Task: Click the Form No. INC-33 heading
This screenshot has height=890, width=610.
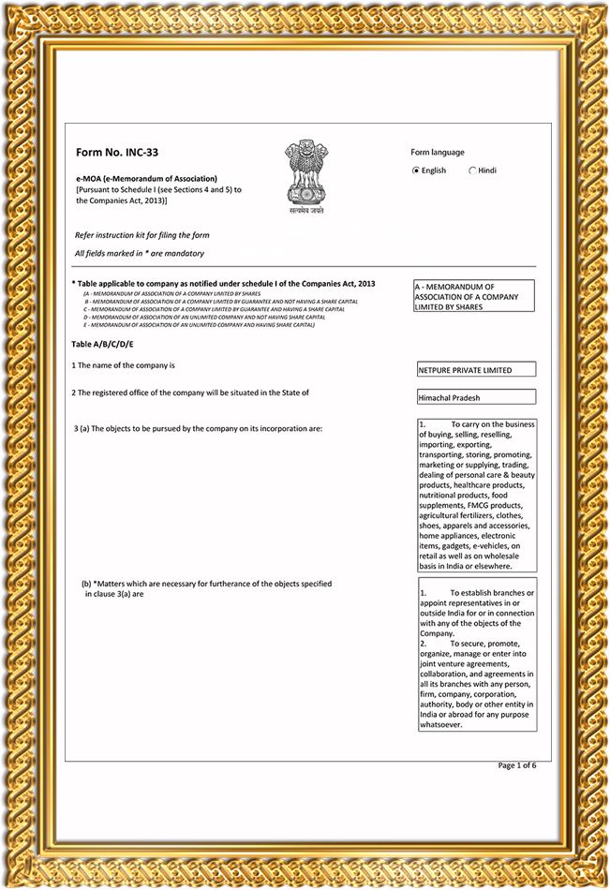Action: (x=110, y=152)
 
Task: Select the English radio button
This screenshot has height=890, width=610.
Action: (x=416, y=171)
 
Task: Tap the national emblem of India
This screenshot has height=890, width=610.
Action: (x=305, y=174)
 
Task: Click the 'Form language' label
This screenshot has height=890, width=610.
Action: (x=437, y=153)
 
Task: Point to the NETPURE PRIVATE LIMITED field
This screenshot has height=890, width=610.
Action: (x=477, y=370)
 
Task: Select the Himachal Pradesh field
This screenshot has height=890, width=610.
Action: (x=477, y=398)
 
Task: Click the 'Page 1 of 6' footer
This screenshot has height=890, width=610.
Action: (x=517, y=765)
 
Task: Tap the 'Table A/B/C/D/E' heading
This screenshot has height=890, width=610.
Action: (x=103, y=345)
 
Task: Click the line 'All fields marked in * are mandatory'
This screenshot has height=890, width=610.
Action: (x=139, y=254)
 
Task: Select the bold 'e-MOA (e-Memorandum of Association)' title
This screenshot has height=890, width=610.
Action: (x=146, y=178)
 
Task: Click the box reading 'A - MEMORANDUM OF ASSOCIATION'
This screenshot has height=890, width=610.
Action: (x=474, y=296)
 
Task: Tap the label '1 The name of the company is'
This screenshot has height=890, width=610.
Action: (x=124, y=364)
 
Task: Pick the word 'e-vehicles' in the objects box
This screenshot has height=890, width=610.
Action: (x=503, y=546)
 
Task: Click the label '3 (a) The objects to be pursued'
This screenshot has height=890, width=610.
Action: (x=198, y=428)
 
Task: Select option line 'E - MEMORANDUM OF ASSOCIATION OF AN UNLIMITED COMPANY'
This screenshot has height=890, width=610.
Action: (x=199, y=325)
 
